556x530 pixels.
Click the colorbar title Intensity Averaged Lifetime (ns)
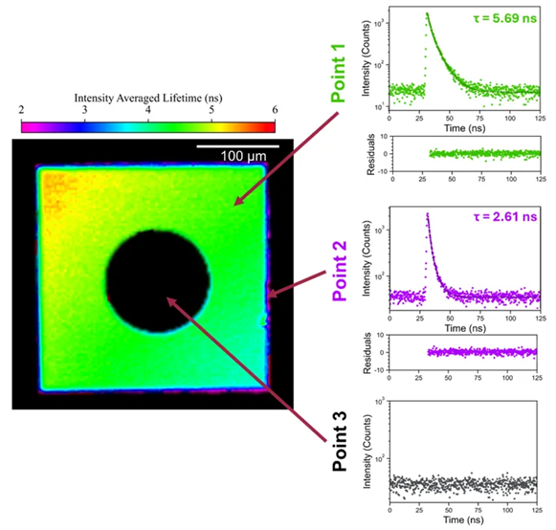[147, 98]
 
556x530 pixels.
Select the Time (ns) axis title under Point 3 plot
[464, 523]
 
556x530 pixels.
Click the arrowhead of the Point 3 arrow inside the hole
[168, 300]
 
